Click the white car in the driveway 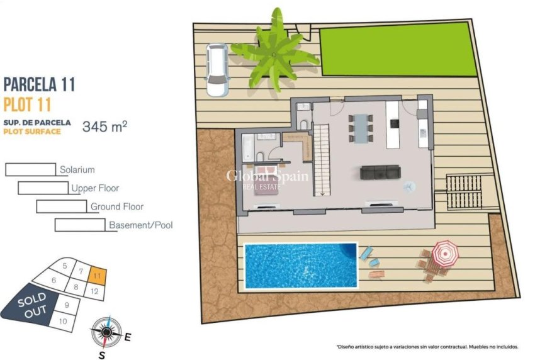pyautogui.click(x=218, y=69)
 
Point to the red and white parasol pyautogui.click(x=445, y=252)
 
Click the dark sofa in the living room pyautogui.click(x=380, y=172)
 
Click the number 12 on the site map pyautogui.click(x=94, y=291)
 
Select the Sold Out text pyautogui.click(x=31, y=304)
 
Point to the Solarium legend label pyautogui.click(x=77, y=170)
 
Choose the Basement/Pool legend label pyautogui.click(x=140, y=225)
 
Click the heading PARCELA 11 pyautogui.click(x=40, y=84)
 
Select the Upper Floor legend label pyautogui.click(x=95, y=188)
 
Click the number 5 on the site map pyautogui.click(x=65, y=266)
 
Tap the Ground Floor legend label pyautogui.click(x=117, y=206)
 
